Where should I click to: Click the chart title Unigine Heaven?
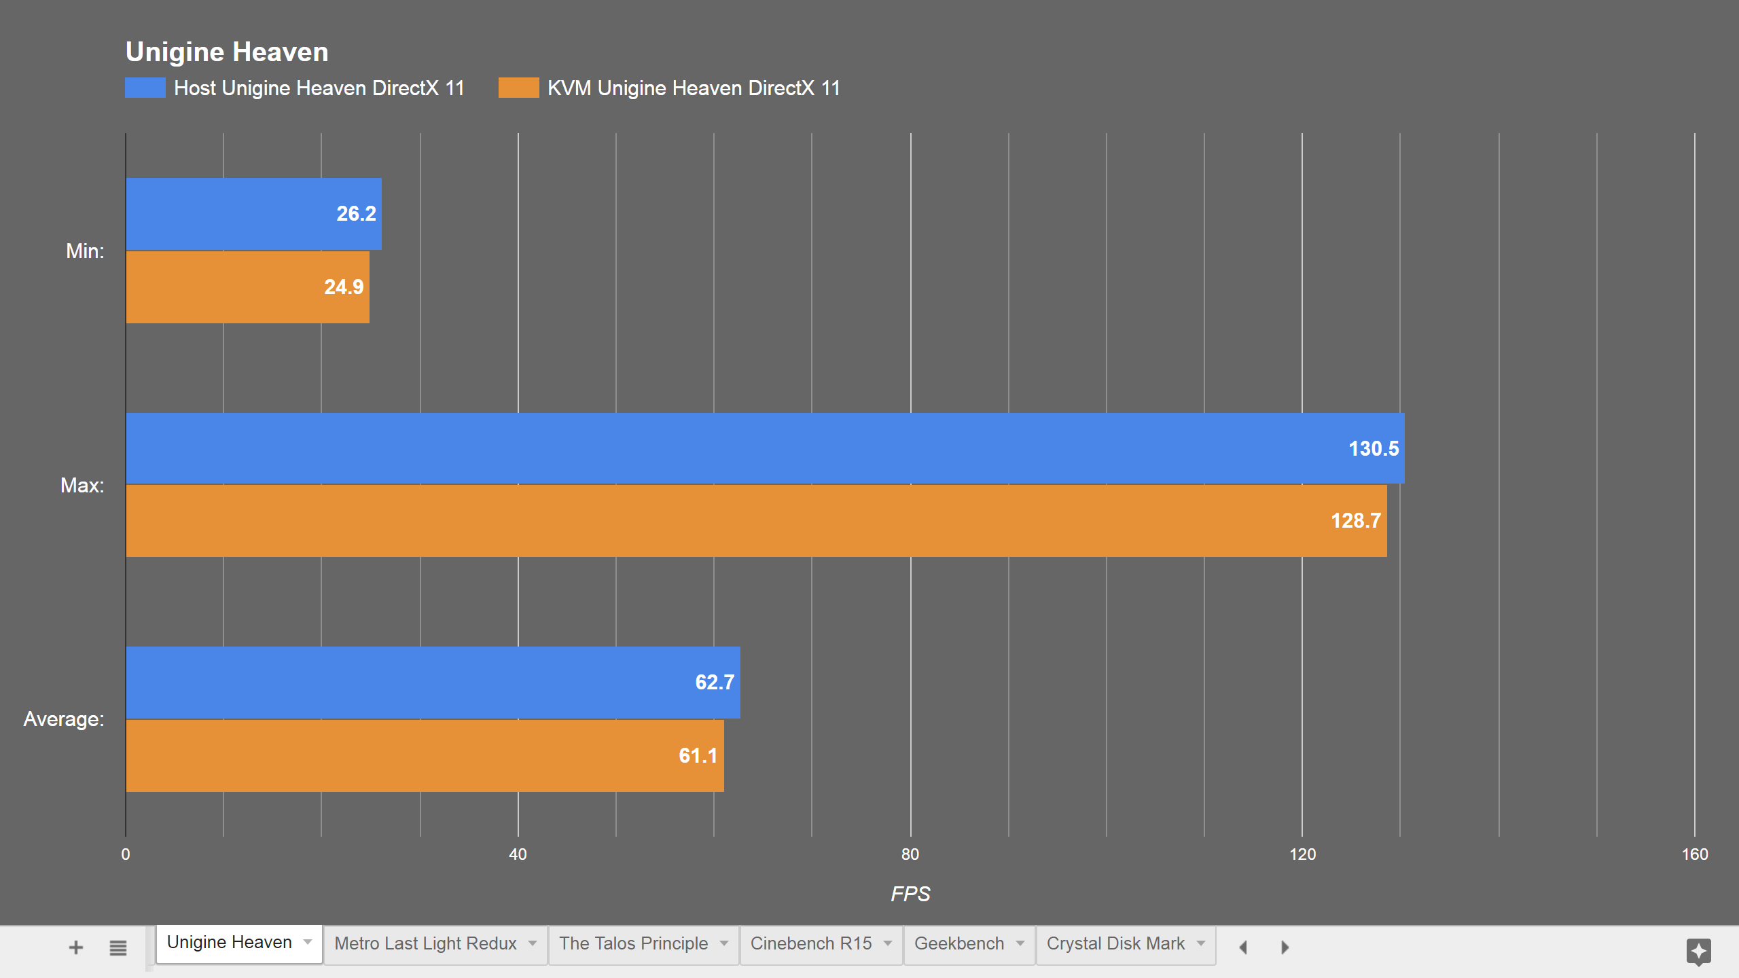tap(227, 52)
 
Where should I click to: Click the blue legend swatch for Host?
tap(145, 88)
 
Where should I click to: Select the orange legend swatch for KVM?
tap(518, 88)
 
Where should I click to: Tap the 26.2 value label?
tap(356, 214)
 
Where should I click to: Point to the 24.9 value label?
tap(344, 287)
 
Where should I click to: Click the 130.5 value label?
tap(1373, 449)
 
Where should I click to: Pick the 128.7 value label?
tap(1355, 521)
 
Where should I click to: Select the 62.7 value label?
tap(715, 683)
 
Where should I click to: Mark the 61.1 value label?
tap(698, 756)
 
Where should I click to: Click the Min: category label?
tap(85, 251)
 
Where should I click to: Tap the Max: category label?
tap(82, 486)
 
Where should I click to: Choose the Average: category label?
tap(64, 719)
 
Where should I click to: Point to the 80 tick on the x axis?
tap(910, 854)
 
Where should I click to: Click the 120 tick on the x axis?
tap(1302, 854)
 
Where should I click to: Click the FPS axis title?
tap(910, 894)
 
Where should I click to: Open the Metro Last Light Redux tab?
tap(425, 943)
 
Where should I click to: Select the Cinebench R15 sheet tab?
tap(810, 943)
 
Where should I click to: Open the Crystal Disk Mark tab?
tap(1115, 943)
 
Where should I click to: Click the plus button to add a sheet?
tap(76, 947)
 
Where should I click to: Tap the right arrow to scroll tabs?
tap(1285, 947)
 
